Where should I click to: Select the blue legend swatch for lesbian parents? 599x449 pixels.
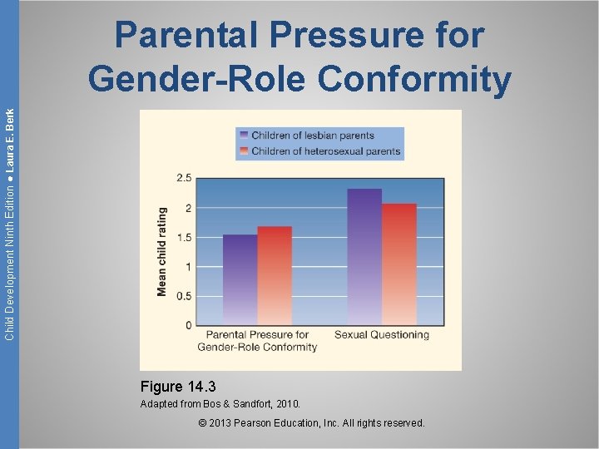tap(242, 136)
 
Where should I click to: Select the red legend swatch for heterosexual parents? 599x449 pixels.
tap(242, 151)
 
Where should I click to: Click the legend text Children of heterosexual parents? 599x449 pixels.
tap(325, 151)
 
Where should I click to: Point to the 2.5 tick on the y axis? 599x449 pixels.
tap(183, 178)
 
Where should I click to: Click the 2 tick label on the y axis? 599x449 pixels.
tap(188, 208)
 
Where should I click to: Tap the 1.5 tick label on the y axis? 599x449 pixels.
tap(183, 237)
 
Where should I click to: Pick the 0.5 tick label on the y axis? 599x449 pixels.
tap(183, 296)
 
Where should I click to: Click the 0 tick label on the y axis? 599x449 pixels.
tap(188, 325)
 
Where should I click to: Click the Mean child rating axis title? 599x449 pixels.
tap(162, 252)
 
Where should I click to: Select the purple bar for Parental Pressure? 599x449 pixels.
tap(240, 279)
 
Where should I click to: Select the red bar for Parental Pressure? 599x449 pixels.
tap(275, 275)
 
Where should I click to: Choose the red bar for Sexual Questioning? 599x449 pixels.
tap(399, 264)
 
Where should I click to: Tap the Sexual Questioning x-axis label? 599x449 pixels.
tap(381, 335)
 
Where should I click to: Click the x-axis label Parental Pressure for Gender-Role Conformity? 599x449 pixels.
tap(257, 341)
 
